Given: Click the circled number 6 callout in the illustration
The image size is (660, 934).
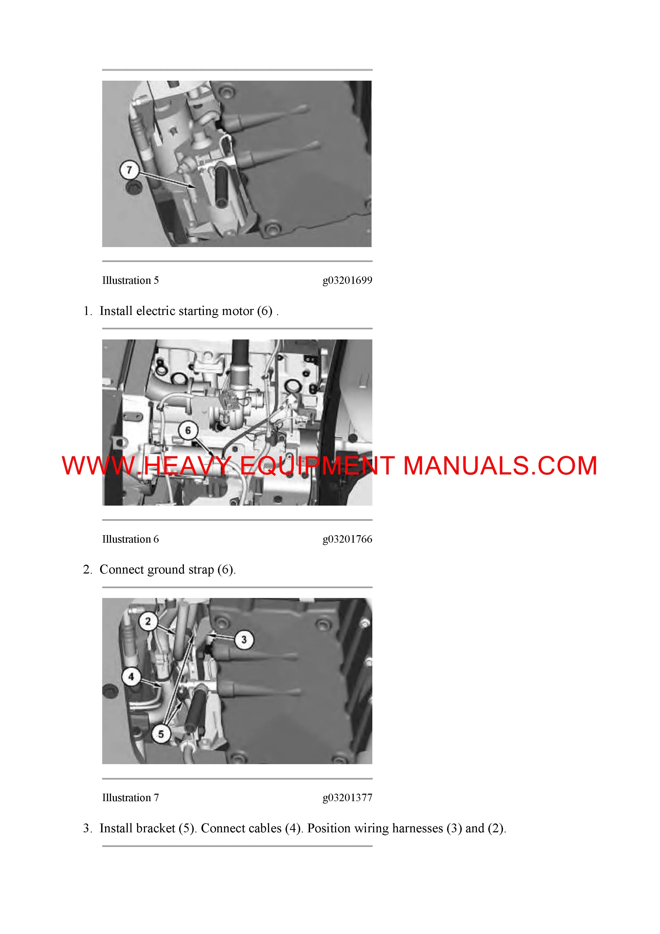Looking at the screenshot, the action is pyautogui.click(x=188, y=430).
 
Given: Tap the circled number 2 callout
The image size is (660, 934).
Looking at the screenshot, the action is pyautogui.click(x=148, y=621).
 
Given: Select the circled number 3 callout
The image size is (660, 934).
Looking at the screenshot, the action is pyautogui.click(x=244, y=640).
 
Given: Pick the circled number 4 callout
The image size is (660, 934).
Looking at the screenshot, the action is pyautogui.click(x=131, y=677).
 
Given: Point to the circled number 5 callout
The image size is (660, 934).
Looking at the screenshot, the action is pyautogui.click(x=161, y=734).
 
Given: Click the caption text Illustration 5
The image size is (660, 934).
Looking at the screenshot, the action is pyautogui.click(x=130, y=280).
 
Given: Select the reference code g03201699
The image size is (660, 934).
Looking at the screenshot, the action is pyautogui.click(x=347, y=281).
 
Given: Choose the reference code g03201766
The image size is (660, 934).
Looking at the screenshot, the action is pyautogui.click(x=347, y=539).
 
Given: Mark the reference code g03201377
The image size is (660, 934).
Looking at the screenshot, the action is pyautogui.click(x=347, y=798).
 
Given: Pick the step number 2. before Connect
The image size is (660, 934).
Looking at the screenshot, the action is pyautogui.click(x=88, y=570).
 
